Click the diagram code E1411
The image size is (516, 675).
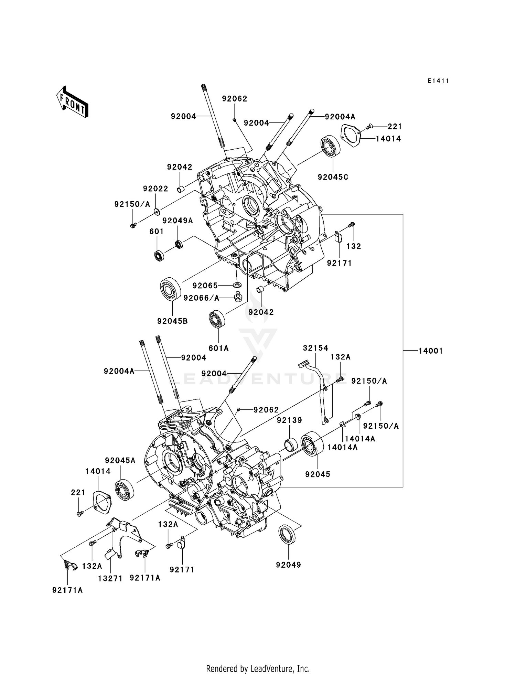point(438,81)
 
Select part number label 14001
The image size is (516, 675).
point(430,351)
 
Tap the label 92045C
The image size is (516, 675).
point(333,177)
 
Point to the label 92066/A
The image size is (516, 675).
point(201,298)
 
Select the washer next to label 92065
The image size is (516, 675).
point(237,285)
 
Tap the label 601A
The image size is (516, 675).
point(219,348)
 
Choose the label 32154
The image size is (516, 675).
point(315,348)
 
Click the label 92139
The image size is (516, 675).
point(289,420)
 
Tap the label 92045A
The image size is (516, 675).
point(120,460)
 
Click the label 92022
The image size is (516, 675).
point(155,189)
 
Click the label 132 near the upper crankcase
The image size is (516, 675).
point(354,246)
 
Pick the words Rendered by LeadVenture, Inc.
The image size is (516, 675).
point(258,668)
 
